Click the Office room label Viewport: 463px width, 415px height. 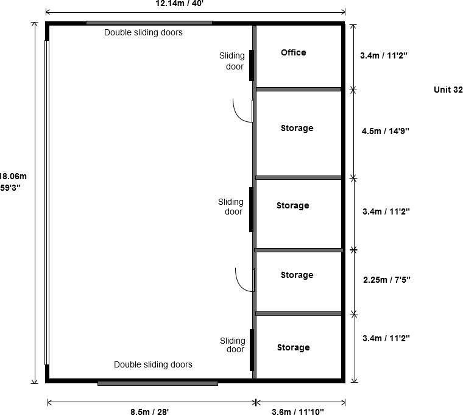(x=293, y=52)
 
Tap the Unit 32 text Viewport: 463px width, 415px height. (x=448, y=90)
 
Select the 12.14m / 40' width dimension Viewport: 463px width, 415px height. (x=180, y=4)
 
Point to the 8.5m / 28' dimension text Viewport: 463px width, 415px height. (x=149, y=411)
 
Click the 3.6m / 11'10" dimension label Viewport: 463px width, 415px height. (x=298, y=411)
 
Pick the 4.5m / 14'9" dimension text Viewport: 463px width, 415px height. (x=386, y=131)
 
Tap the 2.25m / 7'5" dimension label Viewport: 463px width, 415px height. (x=386, y=280)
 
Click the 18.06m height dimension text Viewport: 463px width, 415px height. (x=13, y=176)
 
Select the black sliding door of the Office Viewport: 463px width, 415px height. (x=252, y=65)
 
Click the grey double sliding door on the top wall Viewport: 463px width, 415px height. (x=149, y=23)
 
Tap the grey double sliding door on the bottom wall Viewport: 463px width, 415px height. (x=158, y=383)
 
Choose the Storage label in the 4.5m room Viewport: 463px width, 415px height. (x=297, y=128)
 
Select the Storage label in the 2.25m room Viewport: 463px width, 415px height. (x=297, y=275)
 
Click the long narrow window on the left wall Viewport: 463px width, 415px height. (x=46, y=202)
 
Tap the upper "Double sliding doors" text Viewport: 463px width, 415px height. (x=144, y=32)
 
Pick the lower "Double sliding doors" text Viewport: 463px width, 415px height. (x=154, y=364)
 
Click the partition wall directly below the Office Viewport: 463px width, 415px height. (x=299, y=89)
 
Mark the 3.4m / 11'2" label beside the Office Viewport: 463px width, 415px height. (x=384, y=55)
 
